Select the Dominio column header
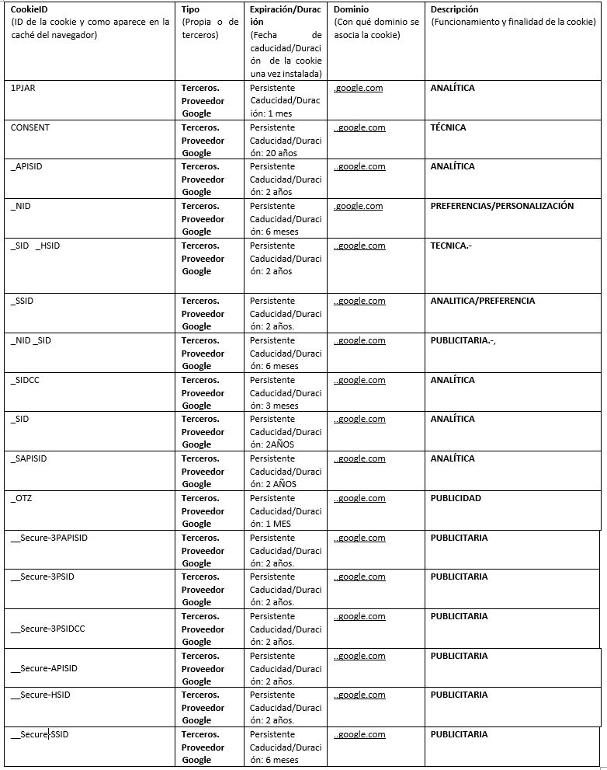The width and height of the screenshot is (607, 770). [x=352, y=9]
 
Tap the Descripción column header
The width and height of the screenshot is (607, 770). [x=454, y=9]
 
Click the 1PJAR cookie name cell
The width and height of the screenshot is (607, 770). [x=23, y=88]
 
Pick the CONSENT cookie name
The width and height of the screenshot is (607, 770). [x=30, y=127]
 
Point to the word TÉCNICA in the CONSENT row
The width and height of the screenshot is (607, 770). [x=448, y=127]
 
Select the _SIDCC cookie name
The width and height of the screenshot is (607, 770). [x=27, y=380]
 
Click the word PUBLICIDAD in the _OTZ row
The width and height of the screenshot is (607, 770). [x=456, y=498]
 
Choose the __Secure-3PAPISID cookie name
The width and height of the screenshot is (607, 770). [x=49, y=538]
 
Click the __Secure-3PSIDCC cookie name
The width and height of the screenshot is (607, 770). [x=47, y=629]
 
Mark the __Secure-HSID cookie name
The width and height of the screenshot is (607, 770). [x=40, y=695]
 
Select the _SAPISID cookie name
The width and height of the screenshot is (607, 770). [x=29, y=458]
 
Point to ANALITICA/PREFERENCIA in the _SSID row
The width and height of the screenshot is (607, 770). [x=482, y=301]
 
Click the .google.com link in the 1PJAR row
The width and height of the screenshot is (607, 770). [x=359, y=88]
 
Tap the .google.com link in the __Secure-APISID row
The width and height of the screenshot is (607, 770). [x=359, y=656]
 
